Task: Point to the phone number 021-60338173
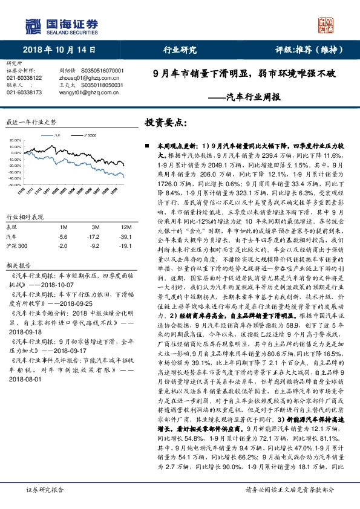[x=24, y=92]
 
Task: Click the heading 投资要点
[x=165, y=123]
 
